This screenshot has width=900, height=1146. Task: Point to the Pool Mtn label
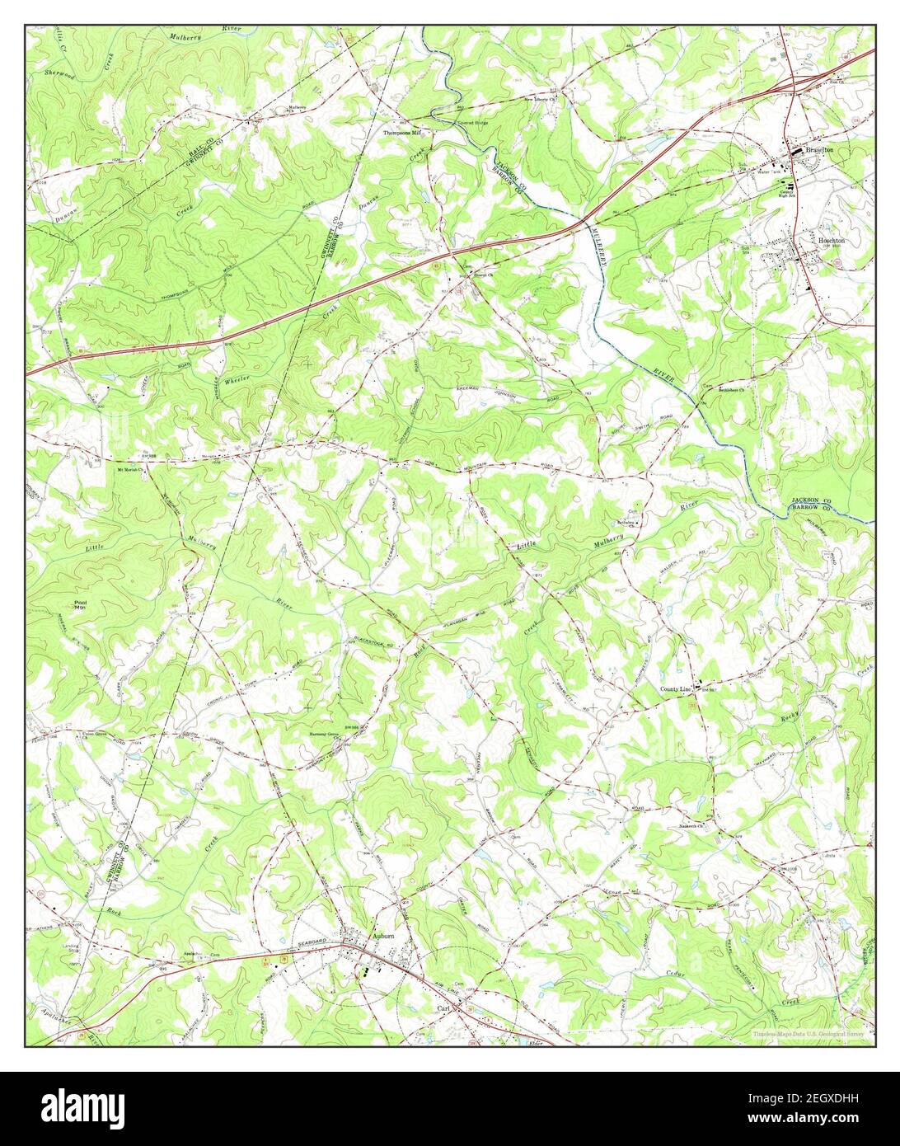(80, 604)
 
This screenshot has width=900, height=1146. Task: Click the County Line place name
(674, 688)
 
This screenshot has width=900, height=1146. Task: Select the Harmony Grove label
(324, 733)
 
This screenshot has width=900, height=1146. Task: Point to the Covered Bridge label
(452, 124)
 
